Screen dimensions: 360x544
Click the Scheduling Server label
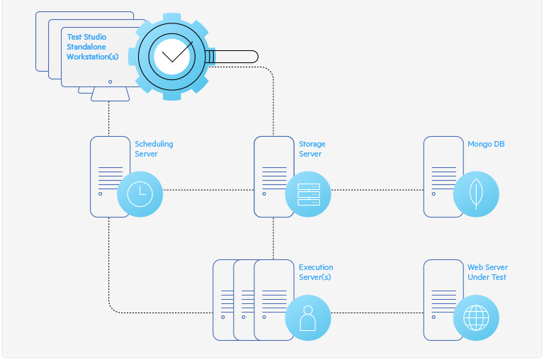[x=154, y=149]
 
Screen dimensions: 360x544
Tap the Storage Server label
[x=312, y=149]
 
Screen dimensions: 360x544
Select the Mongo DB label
[x=486, y=144]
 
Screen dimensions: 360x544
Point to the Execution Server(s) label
[x=315, y=272]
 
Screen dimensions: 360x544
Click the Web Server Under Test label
[x=487, y=272]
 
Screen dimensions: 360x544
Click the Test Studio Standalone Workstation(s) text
[x=92, y=47]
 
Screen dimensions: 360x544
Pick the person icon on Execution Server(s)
[x=308, y=317]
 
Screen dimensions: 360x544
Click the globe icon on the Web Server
[x=476, y=317]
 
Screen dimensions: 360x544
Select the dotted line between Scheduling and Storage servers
[x=208, y=190]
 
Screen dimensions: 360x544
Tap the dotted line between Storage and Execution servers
[x=273, y=238]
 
